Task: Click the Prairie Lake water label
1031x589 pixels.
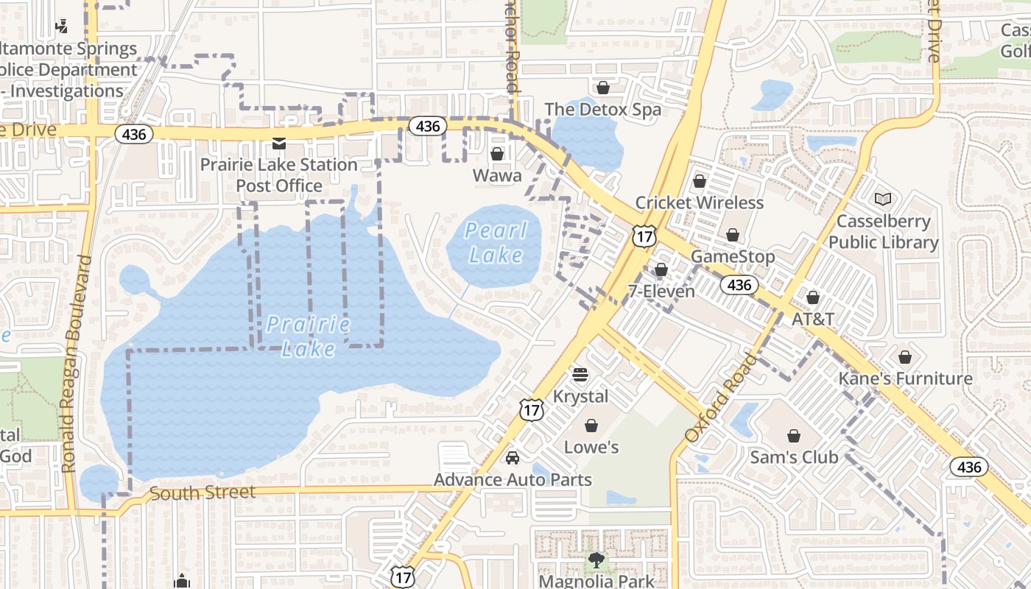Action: pyautogui.click(x=309, y=336)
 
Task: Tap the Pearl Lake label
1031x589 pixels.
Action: pyautogui.click(x=496, y=243)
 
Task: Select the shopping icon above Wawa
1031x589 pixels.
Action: pyautogui.click(x=497, y=154)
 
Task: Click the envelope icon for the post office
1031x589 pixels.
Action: pyautogui.click(x=279, y=143)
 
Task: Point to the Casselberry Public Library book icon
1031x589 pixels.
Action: pyautogui.click(x=883, y=199)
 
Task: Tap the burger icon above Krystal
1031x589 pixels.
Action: pyautogui.click(x=580, y=375)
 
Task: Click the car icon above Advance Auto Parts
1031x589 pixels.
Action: pyautogui.click(x=513, y=458)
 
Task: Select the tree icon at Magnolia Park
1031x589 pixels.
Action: pyautogui.click(x=596, y=561)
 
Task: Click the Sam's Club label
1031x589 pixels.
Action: pyautogui.click(x=794, y=457)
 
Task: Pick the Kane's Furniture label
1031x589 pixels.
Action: pyautogui.click(x=905, y=378)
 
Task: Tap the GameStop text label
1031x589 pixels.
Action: pyautogui.click(x=733, y=257)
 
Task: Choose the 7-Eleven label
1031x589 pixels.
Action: pyautogui.click(x=661, y=291)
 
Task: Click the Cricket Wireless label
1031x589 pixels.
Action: pyautogui.click(x=700, y=202)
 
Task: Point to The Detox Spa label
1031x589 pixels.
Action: pyautogui.click(x=602, y=110)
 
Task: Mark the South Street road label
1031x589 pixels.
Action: pyautogui.click(x=203, y=493)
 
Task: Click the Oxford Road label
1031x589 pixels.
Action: pyautogui.click(x=719, y=398)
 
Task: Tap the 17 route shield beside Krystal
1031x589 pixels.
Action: pyautogui.click(x=532, y=409)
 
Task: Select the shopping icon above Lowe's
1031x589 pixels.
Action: pyautogui.click(x=591, y=426)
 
